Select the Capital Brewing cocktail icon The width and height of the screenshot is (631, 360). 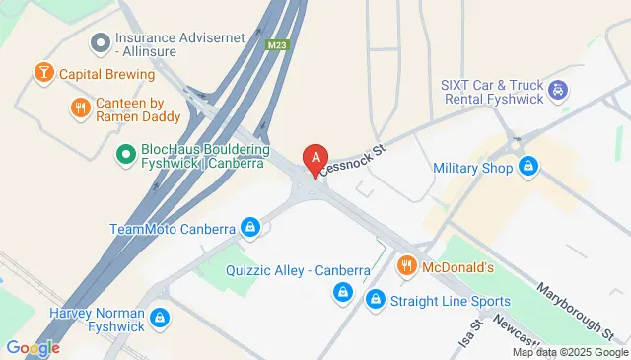pyautogui.click(x=43, y=73)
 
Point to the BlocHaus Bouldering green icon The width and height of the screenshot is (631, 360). pyautogui.click(x=126, y=153)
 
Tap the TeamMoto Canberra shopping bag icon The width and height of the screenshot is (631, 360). pyautogui.click(x=251, y=227)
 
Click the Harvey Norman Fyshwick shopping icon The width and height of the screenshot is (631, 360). pyautogui.click(x=160, y=319)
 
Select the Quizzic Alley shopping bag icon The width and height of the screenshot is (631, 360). pyautogui.click(x=342, y=291)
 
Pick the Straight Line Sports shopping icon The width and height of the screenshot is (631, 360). pyautogui.click(x=375, y=299)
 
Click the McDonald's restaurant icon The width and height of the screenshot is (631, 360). pyautogui.click(x=406, y=266)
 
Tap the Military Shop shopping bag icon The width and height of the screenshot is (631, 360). pyautogui.click(x=528, y=167)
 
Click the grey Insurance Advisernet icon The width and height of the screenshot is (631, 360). pyautogui.click(x=99, y=43)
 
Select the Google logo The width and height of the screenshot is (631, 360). pyautogui.click(x=33, y=348)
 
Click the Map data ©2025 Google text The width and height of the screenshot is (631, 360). pyautogui.click(x=569, y=352)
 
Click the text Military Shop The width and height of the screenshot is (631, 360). pyautogui.click(x=473, y=168)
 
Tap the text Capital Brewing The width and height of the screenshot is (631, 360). pyautogui.click(x=105, y=74)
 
